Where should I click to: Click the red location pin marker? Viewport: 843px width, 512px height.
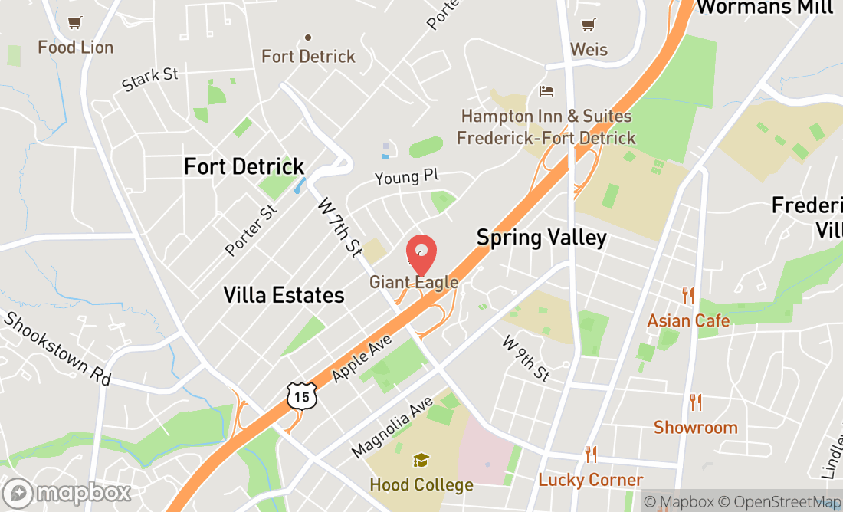coord(421,254)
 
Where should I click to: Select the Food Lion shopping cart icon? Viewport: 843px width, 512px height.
coord(74,23)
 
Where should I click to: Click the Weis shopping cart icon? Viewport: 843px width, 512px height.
coord(589,25)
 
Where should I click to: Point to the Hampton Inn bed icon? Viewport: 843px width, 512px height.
coord(546,91)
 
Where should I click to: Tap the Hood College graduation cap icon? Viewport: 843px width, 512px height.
coord(421,461)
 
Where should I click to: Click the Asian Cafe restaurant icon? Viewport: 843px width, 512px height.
coord(688,295)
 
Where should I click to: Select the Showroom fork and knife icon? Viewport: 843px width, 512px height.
coord(696,402)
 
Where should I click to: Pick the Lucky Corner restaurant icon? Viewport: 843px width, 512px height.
coord(590,455)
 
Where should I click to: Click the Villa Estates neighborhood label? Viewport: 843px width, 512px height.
coord(284,294)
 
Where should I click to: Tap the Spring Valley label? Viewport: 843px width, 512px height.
coord(542,238)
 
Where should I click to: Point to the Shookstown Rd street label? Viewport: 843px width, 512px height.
coord(57,349)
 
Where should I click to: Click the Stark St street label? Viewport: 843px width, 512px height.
coord(150,79)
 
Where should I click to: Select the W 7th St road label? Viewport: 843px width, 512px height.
coord(339,228)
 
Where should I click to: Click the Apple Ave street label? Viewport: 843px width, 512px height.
coord(362,358)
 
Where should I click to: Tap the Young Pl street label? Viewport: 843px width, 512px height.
coord(406,178)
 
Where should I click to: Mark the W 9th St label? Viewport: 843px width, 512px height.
coord(526,359)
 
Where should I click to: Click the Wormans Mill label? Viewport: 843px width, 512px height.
coord(764,8)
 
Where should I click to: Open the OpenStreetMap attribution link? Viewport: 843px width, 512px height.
coord(785,502)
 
